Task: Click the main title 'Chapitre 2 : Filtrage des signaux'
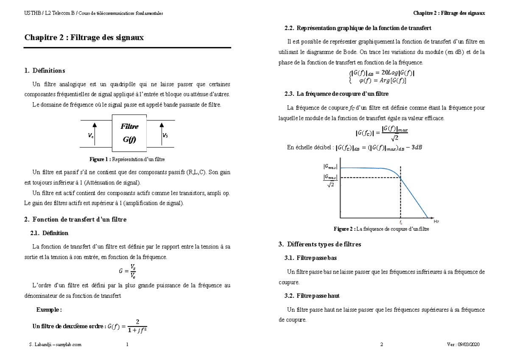pyautogui.click(x=84, y=38)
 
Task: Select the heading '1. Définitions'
pyautogui.click(x=45, y=70)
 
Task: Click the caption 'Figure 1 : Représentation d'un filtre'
pyautogui.click(x=127, y=159)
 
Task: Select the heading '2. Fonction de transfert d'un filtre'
pyautogui.click(x=76, y=220)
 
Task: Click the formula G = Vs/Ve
pyautogui.click(x=127, y=271)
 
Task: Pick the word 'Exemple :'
pyautogui.click(x=49, y=310)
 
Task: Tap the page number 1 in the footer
pyautogui.click(x=127, y=345)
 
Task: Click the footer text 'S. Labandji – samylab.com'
pyautogui.click(x=53, y=345)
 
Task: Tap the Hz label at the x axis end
pyautogui.click(x=436, y=222)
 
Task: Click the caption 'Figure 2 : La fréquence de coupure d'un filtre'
pyautogui.click(x=381, y=229)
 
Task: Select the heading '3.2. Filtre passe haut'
pyautogui.click(x=312, y=295)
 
